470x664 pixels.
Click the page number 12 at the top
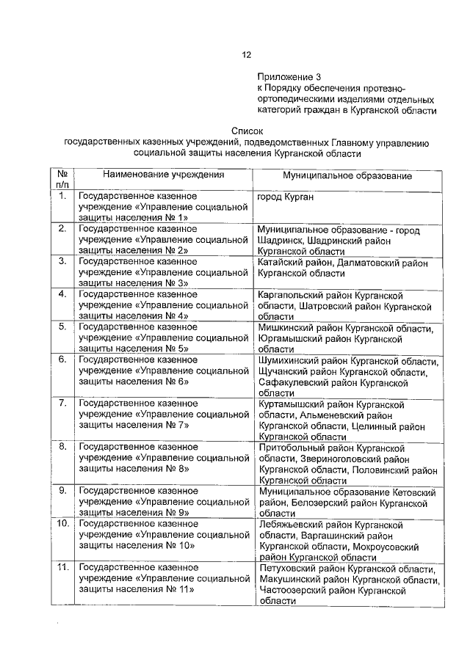247,54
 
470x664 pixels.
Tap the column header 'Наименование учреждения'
163,175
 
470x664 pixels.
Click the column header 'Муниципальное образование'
347,176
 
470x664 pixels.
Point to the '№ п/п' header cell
62,180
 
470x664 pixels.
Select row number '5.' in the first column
62,326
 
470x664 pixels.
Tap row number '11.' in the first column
62,567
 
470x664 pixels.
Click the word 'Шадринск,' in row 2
283,240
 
